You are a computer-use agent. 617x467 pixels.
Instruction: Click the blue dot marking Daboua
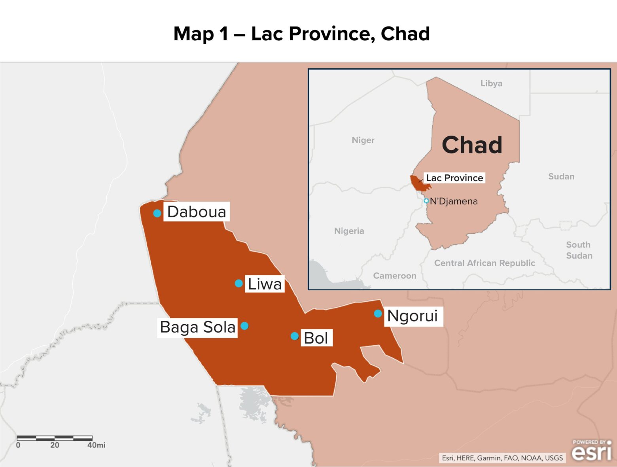click(157, 213)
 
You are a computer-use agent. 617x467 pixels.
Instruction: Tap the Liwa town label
click(265, 284)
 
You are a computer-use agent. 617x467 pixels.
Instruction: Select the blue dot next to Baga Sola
click(244, 326)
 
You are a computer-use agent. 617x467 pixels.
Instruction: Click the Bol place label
click(316, 338)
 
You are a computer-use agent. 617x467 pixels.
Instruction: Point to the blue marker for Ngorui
click(378, 314)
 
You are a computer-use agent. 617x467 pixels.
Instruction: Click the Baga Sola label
click(197, 327)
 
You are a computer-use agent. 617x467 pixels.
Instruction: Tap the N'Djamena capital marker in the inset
click(426, 201)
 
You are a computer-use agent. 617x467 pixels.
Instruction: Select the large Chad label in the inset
click(472, 145)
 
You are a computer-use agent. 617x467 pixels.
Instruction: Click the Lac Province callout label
click(454, 178)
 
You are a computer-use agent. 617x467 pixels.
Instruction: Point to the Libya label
click(491, 83)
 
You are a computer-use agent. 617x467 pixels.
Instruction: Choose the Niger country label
click(363, 140)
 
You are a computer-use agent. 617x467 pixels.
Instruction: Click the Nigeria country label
click(349, 231)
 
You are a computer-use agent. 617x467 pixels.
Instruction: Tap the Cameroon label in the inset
click(394, 276)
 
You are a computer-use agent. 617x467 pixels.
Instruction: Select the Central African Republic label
click(484, 263)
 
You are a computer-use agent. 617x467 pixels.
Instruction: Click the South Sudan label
click(579, 250)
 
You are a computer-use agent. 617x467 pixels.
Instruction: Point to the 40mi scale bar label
click(96, 445)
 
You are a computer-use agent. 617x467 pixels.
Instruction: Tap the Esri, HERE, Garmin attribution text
click(502, 458)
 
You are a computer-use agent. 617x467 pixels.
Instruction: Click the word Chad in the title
click(405, 34)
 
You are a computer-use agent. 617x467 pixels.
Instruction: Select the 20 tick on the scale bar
click(55, 445)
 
